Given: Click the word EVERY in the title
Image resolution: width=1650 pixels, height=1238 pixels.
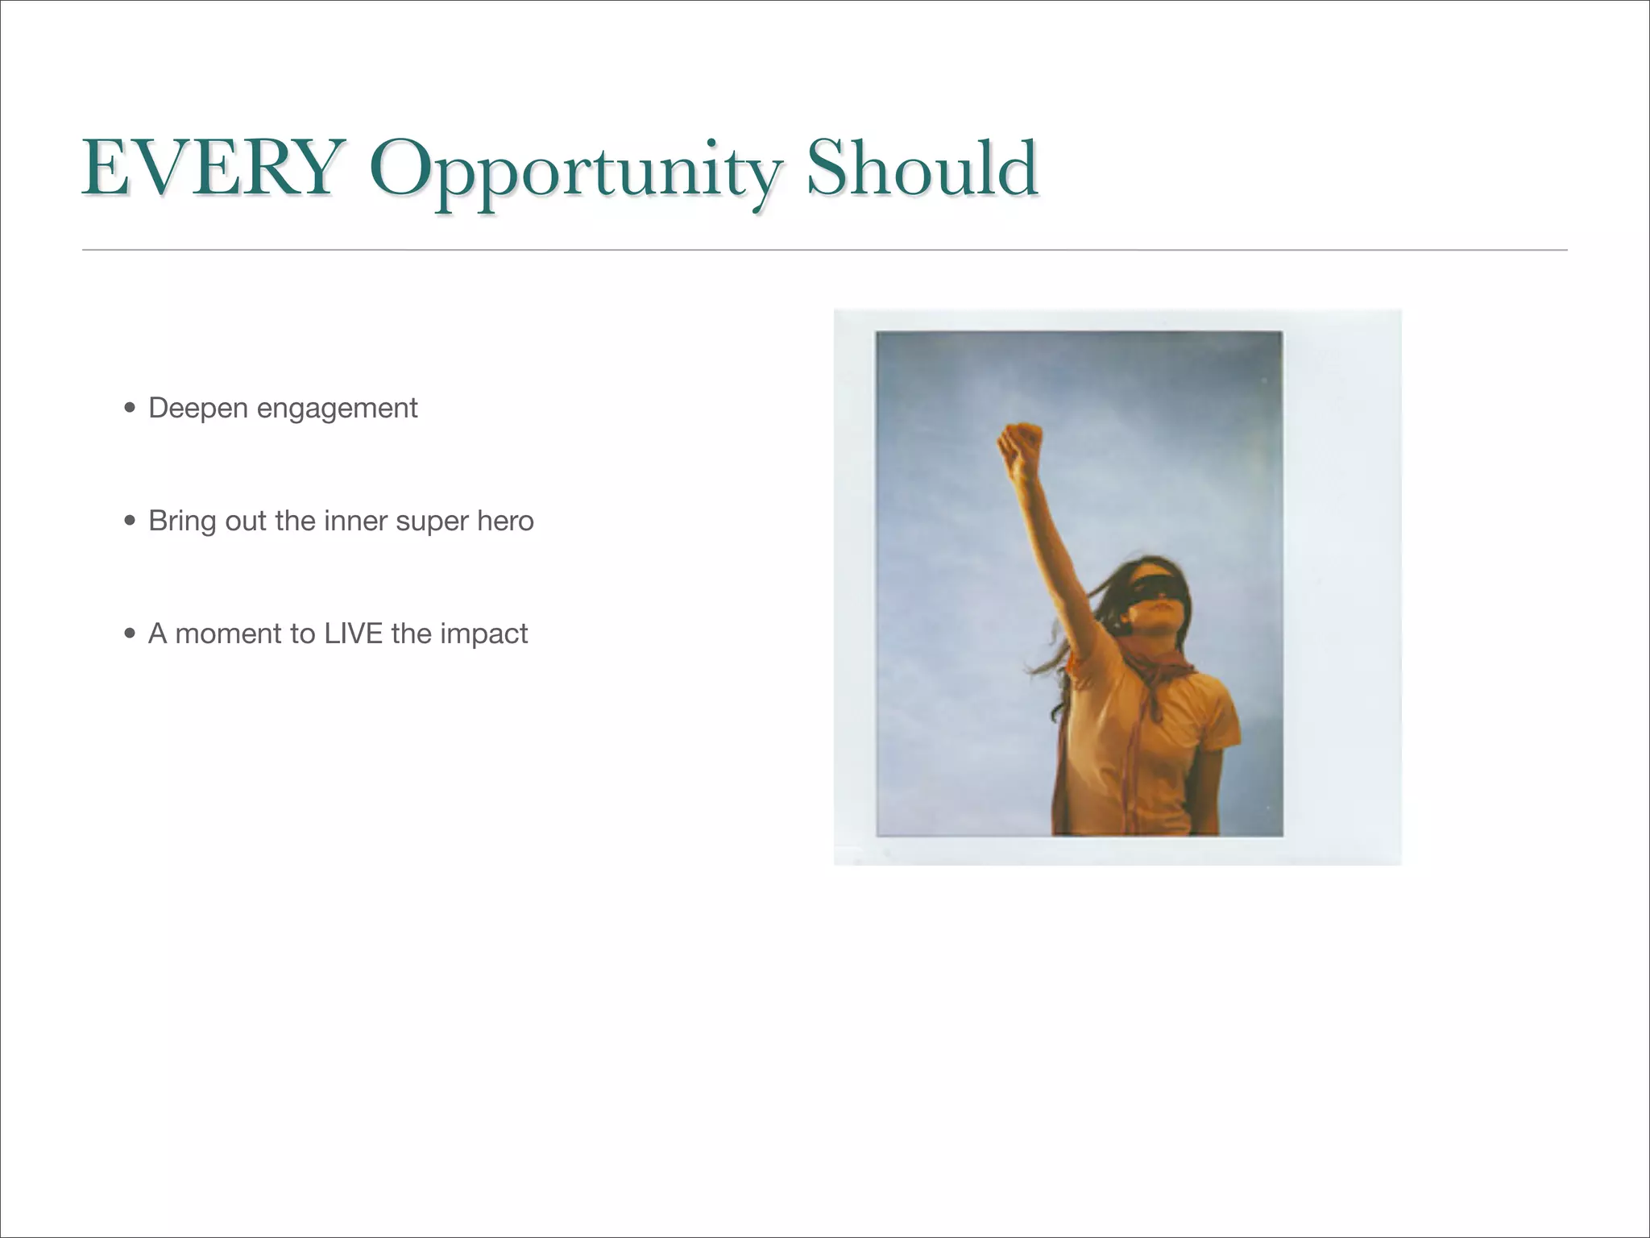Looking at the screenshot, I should tap(208, 168).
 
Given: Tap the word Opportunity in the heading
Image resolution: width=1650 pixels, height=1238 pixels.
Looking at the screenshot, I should tap(573, 172).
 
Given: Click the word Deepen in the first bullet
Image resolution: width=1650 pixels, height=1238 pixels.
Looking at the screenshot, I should tap(198, 409).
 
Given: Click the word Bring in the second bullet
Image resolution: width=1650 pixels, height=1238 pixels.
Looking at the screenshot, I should tap(182, 522).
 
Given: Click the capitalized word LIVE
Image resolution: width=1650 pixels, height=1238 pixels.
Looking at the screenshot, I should tap(353, 634).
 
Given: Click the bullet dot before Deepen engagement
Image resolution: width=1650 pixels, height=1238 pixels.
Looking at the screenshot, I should tap(131, 409).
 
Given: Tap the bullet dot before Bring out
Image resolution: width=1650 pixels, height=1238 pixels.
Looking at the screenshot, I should tap(131, 521).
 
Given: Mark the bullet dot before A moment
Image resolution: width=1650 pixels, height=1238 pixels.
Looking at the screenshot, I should tap(131, 634).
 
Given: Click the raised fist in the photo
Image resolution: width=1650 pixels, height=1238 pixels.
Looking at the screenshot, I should tap(1021, 446).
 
